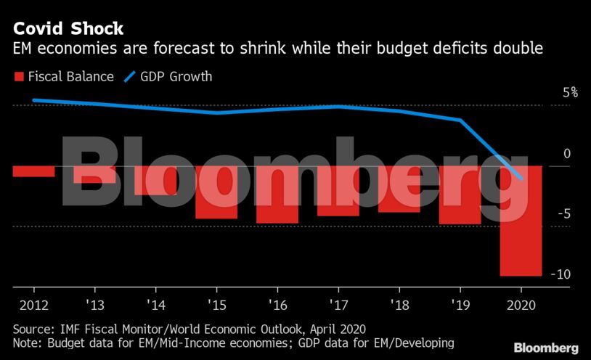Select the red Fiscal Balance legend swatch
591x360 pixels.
point(18,76)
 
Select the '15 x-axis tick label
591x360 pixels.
point(216,304)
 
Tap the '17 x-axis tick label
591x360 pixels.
point(338,304)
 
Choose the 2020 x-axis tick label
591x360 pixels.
point(521,304)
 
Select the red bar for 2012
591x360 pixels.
point(33,171)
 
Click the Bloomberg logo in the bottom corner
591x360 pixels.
point(546,348)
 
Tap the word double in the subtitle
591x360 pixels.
point(520,49)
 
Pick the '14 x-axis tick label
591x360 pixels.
point(155,304)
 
